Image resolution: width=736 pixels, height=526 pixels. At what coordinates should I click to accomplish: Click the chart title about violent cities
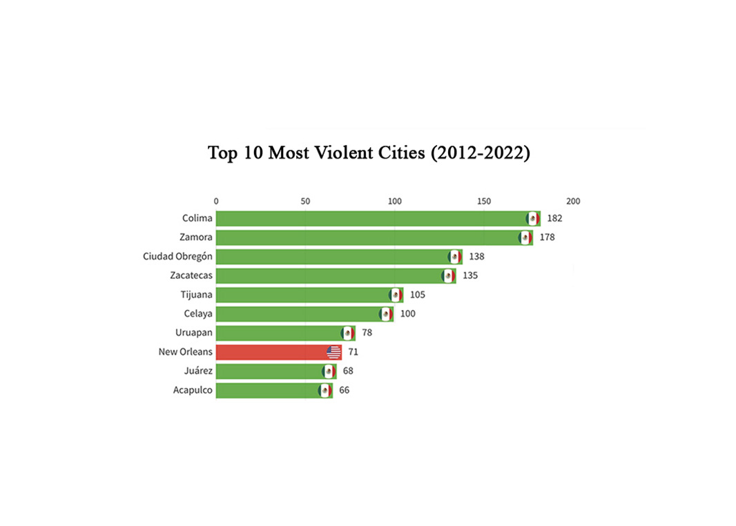[369, 153]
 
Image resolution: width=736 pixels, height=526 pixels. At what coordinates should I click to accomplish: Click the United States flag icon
[334, 353]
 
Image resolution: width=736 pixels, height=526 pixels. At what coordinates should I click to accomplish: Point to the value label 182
[554, 219]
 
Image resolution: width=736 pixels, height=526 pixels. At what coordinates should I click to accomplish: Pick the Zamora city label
[196, 237]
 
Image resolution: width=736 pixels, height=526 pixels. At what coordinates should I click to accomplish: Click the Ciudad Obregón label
[177, 257]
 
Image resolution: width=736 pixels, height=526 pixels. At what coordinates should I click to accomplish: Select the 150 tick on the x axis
[484, 202]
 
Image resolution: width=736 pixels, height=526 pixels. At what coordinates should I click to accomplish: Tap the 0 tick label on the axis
[216, 202]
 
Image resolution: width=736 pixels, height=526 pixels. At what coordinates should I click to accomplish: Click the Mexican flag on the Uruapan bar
[348, 333]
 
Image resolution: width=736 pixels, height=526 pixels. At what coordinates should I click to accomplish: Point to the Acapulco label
[193, 391]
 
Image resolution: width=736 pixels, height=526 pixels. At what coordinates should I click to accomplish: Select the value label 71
[353, 352]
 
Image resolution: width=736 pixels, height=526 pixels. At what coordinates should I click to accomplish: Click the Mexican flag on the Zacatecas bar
[449, 276]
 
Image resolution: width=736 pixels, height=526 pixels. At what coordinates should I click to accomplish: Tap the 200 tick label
[573, 202]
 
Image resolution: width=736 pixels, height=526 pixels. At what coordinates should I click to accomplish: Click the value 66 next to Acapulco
[344, 391]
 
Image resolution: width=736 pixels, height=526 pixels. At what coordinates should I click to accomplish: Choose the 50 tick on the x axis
[305, 202]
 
